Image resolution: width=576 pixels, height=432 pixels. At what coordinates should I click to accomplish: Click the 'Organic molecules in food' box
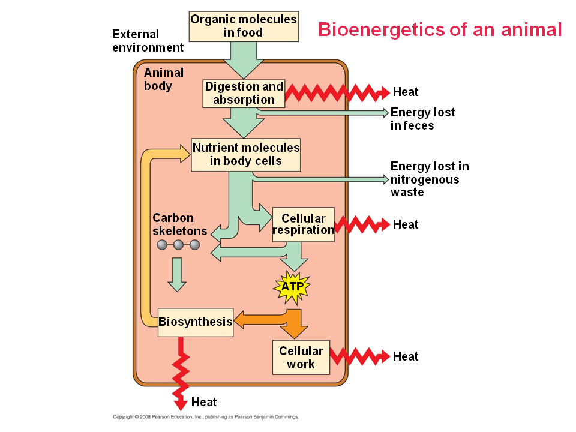point(243,26)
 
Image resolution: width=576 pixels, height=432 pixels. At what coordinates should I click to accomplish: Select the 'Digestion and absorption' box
point(244,94)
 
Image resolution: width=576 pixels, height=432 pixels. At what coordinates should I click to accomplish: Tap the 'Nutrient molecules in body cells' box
point(245,154)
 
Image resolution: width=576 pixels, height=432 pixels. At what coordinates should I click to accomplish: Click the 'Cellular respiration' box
point(303,224)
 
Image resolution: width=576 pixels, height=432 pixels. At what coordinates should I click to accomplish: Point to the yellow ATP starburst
point(292,287)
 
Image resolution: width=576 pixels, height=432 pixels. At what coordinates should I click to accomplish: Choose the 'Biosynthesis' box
point(195,322)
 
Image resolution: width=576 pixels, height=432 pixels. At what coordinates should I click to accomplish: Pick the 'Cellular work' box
point(301,357)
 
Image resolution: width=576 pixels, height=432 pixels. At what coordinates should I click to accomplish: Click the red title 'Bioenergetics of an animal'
point(439,29)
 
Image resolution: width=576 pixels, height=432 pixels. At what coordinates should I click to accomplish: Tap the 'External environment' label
point(148,41)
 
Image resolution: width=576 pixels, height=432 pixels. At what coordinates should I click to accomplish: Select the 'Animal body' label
point(163,79)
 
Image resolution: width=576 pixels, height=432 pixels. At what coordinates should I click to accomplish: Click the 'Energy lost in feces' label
point(422,119)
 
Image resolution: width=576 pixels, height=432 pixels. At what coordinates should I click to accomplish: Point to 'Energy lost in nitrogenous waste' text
point(429,179)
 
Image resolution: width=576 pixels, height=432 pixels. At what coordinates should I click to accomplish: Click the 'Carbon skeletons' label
point(179,224)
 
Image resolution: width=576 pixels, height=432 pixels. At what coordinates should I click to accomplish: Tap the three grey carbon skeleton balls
point(178,245)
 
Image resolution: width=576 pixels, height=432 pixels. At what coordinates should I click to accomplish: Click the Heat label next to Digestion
point(406,92)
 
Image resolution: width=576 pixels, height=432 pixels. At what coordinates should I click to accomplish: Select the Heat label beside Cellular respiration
point(406,224)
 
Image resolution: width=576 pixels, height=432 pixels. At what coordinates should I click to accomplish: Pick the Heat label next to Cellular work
point(406,356)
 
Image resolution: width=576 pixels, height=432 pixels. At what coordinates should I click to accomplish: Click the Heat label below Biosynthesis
point(204,402)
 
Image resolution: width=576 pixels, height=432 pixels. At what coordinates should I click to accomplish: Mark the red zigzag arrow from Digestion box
point(336,93)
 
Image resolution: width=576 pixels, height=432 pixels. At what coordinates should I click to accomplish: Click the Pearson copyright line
point(206,416)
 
